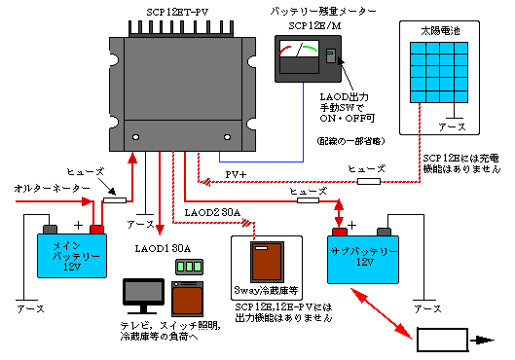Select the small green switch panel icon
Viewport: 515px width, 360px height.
coord(187,267)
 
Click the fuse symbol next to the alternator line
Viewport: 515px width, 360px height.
coord(115,200)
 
